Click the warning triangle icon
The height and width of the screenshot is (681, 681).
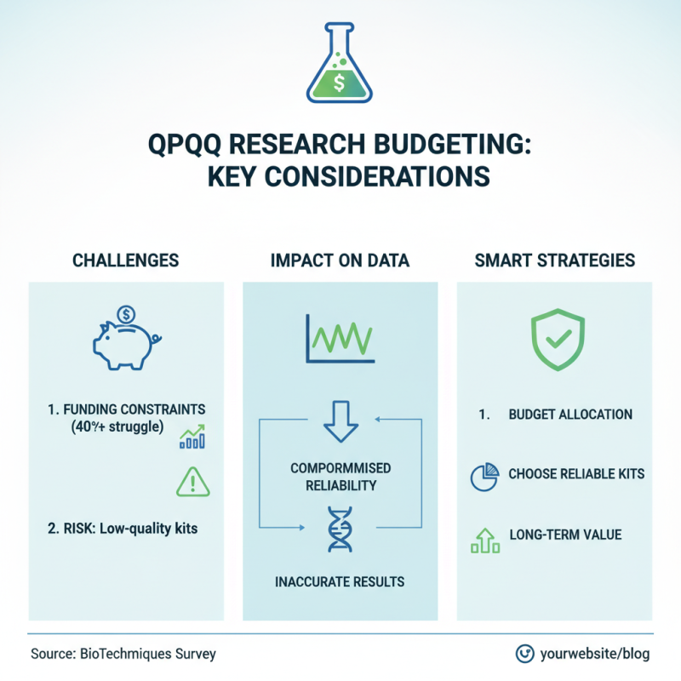(x=192, y=483)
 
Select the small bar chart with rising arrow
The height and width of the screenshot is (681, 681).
(x=193, y=437)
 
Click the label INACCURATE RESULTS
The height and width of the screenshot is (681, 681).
(x=340, y=583)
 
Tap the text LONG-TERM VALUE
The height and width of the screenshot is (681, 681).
(x=565, y=535)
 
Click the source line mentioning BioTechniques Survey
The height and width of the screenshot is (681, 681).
(x=123, y=654)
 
